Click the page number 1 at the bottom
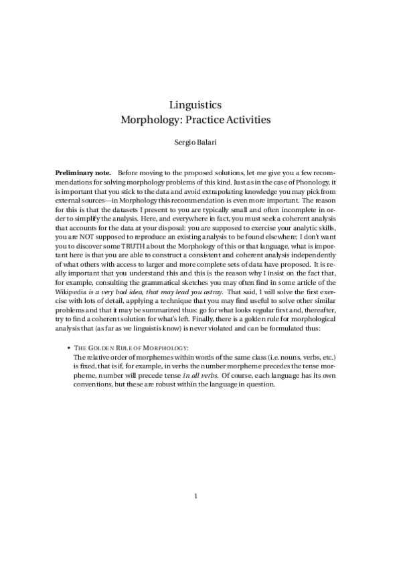click(x=195, y=496)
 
